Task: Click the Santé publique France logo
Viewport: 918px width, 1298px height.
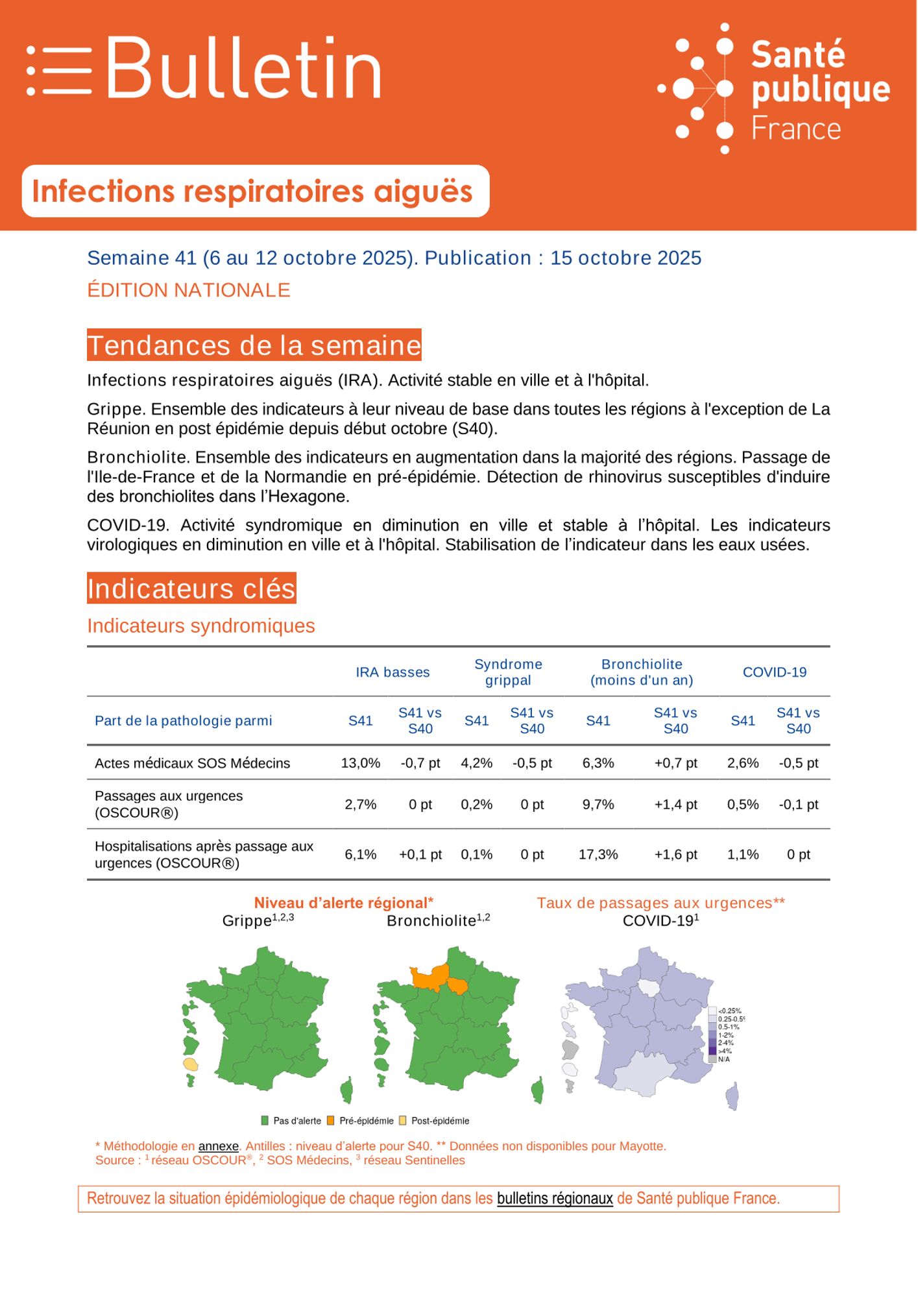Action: click(775, 89)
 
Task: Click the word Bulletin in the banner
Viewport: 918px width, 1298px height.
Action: click(243, 68)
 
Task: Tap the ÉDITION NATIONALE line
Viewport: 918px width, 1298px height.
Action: click(188, 290)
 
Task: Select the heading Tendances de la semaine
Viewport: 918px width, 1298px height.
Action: click(254, 345)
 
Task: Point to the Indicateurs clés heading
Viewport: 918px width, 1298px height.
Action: click(191, 589)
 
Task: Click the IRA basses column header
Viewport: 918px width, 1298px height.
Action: click(393, 672)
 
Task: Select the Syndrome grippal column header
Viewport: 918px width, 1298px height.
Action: click(508, 672)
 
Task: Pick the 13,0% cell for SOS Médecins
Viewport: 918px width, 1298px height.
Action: click(361, 763)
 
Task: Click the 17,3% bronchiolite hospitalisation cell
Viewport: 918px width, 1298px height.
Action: click(598, 855)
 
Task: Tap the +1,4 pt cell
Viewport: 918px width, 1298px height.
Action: click(675, 805)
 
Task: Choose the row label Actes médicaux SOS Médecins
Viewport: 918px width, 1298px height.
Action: click(192, 763)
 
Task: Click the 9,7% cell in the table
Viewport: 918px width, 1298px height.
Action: click(598, 805)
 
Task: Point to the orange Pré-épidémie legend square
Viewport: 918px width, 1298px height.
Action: click(331, 1121)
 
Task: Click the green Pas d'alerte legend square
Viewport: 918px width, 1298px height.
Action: click(265, 1121)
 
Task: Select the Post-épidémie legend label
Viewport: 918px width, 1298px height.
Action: click(440, 1121)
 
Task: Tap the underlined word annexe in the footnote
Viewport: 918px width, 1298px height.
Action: click(218, 1146)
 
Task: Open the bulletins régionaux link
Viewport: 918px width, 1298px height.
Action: click(555, 1199)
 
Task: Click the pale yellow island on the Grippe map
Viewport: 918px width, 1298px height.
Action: click(190, 1064)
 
